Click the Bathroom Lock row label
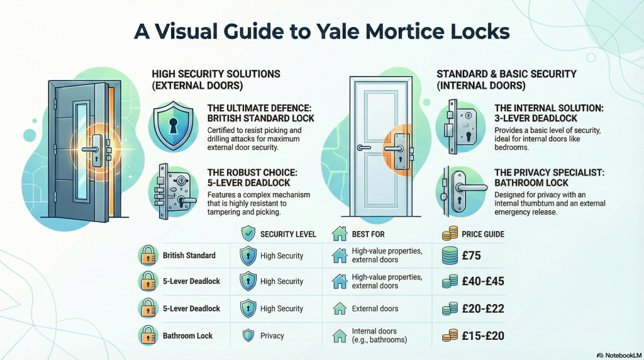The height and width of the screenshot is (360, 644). (x=187, y=336)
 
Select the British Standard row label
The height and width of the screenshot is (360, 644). (x=189, y=256)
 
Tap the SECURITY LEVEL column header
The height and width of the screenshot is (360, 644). (x=288, y=235)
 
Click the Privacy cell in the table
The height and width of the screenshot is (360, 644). (x=272, y=336)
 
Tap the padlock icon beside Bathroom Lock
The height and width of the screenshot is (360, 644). (x=147, y=335)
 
